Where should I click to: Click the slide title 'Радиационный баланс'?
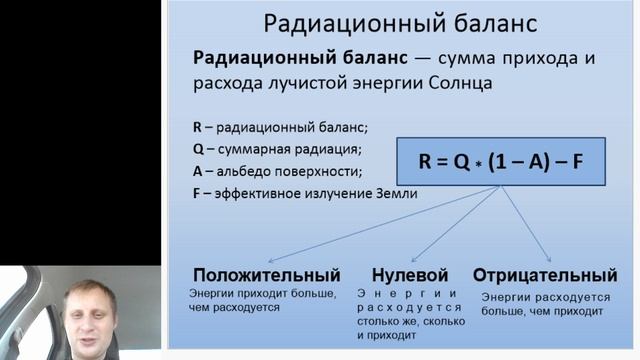(400, 22)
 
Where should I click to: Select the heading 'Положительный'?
(266, 274)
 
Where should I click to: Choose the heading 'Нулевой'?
(408, 274)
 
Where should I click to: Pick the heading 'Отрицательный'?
(544, 274)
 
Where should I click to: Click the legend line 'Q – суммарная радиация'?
(277, 149)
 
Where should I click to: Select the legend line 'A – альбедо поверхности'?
(276, 171)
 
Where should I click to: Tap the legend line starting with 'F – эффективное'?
(305, 193)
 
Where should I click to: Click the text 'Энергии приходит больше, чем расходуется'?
(250, 301)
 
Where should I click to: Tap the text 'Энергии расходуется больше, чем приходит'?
(545, 305)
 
